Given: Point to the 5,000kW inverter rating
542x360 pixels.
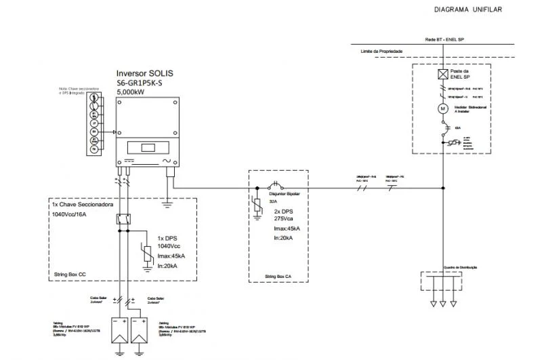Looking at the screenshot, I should pos(131,91).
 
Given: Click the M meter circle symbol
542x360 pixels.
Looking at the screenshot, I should pos(442,108).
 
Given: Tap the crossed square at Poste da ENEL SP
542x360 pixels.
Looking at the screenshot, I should pos(442,74).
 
